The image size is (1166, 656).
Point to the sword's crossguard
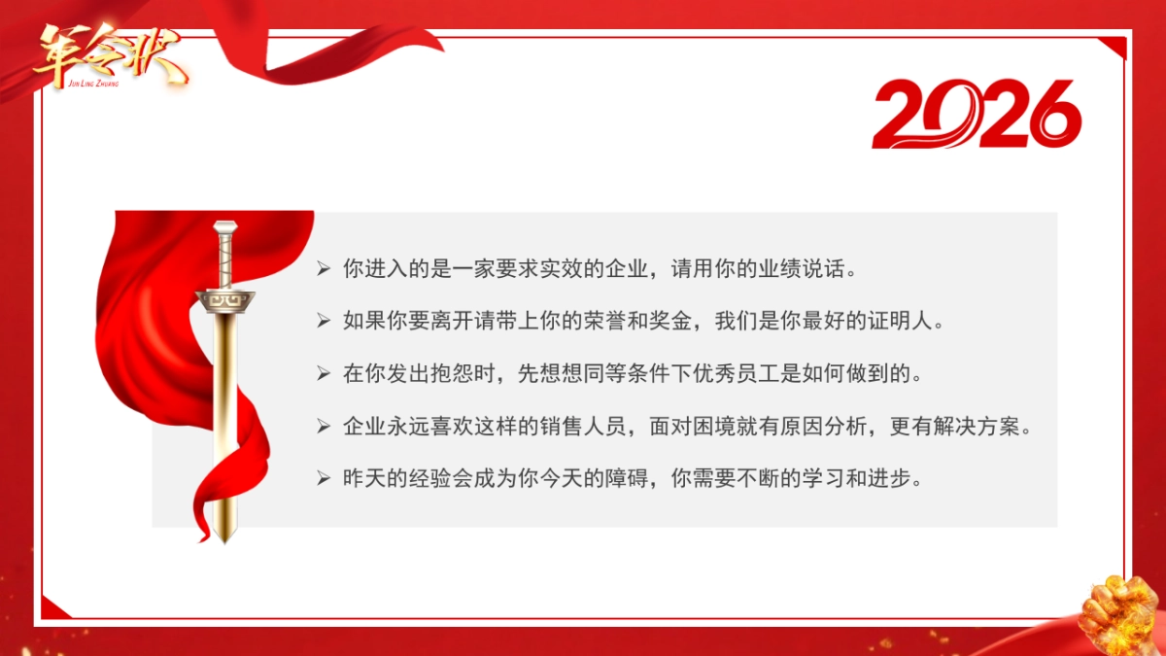click(227, 302)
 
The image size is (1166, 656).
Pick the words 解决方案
click(975, 427)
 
